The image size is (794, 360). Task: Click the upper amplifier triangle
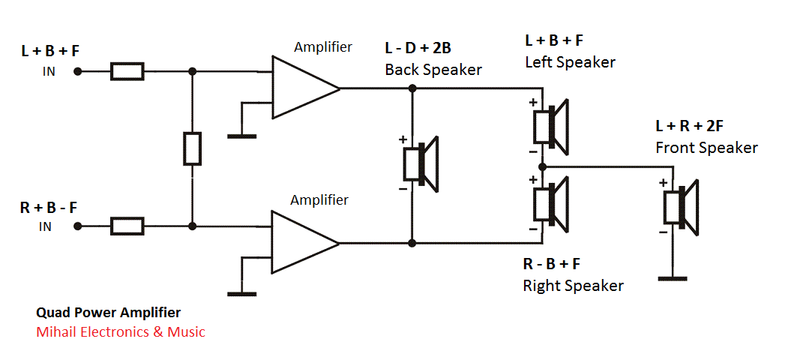(x=301, y=88)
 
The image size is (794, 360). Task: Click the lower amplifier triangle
(x=301, y=242)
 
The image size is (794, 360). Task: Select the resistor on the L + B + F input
(x=127, y=71)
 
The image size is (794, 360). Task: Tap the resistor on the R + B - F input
(x=127, y=225)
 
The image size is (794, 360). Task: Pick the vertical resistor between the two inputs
(x=193, y=148)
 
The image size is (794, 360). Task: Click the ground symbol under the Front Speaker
(x=673, y=278)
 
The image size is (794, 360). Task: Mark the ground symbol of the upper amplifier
(x=241, y=136)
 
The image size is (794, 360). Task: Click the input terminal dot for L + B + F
(x=76, y=71)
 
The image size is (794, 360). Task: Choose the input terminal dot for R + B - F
(x=76, y=225)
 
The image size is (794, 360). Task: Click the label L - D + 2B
(x=418, y=49)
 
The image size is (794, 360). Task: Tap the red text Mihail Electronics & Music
(x=120, y=331)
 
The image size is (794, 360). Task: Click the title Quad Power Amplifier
(x=108, y=312)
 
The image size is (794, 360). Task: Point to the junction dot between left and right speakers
(x=541, y=165)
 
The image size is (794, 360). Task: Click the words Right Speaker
(x=573, y=285)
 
